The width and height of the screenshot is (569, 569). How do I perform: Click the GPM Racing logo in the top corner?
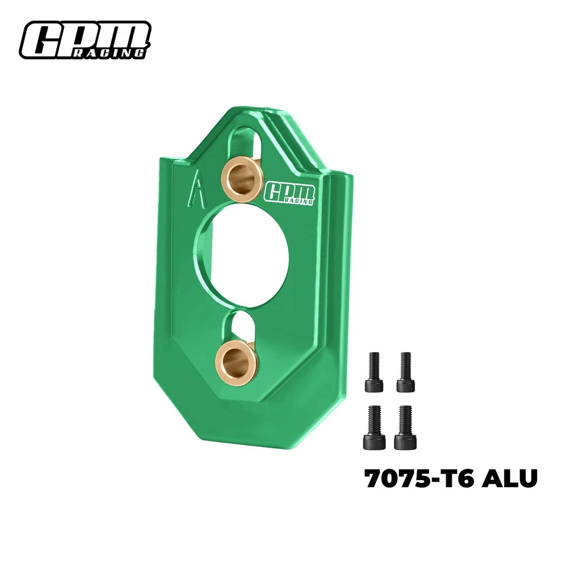click(85, 40)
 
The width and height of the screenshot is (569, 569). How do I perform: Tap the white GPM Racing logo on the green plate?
click(290, 192)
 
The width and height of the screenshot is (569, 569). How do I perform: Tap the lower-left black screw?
click(374, 428)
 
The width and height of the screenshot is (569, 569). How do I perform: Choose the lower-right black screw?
click(405, 428)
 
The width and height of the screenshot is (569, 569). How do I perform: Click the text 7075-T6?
click(418, 478)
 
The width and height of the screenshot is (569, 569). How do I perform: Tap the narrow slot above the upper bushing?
click(246, 142)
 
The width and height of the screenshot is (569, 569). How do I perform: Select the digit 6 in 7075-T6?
click(464, 478)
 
